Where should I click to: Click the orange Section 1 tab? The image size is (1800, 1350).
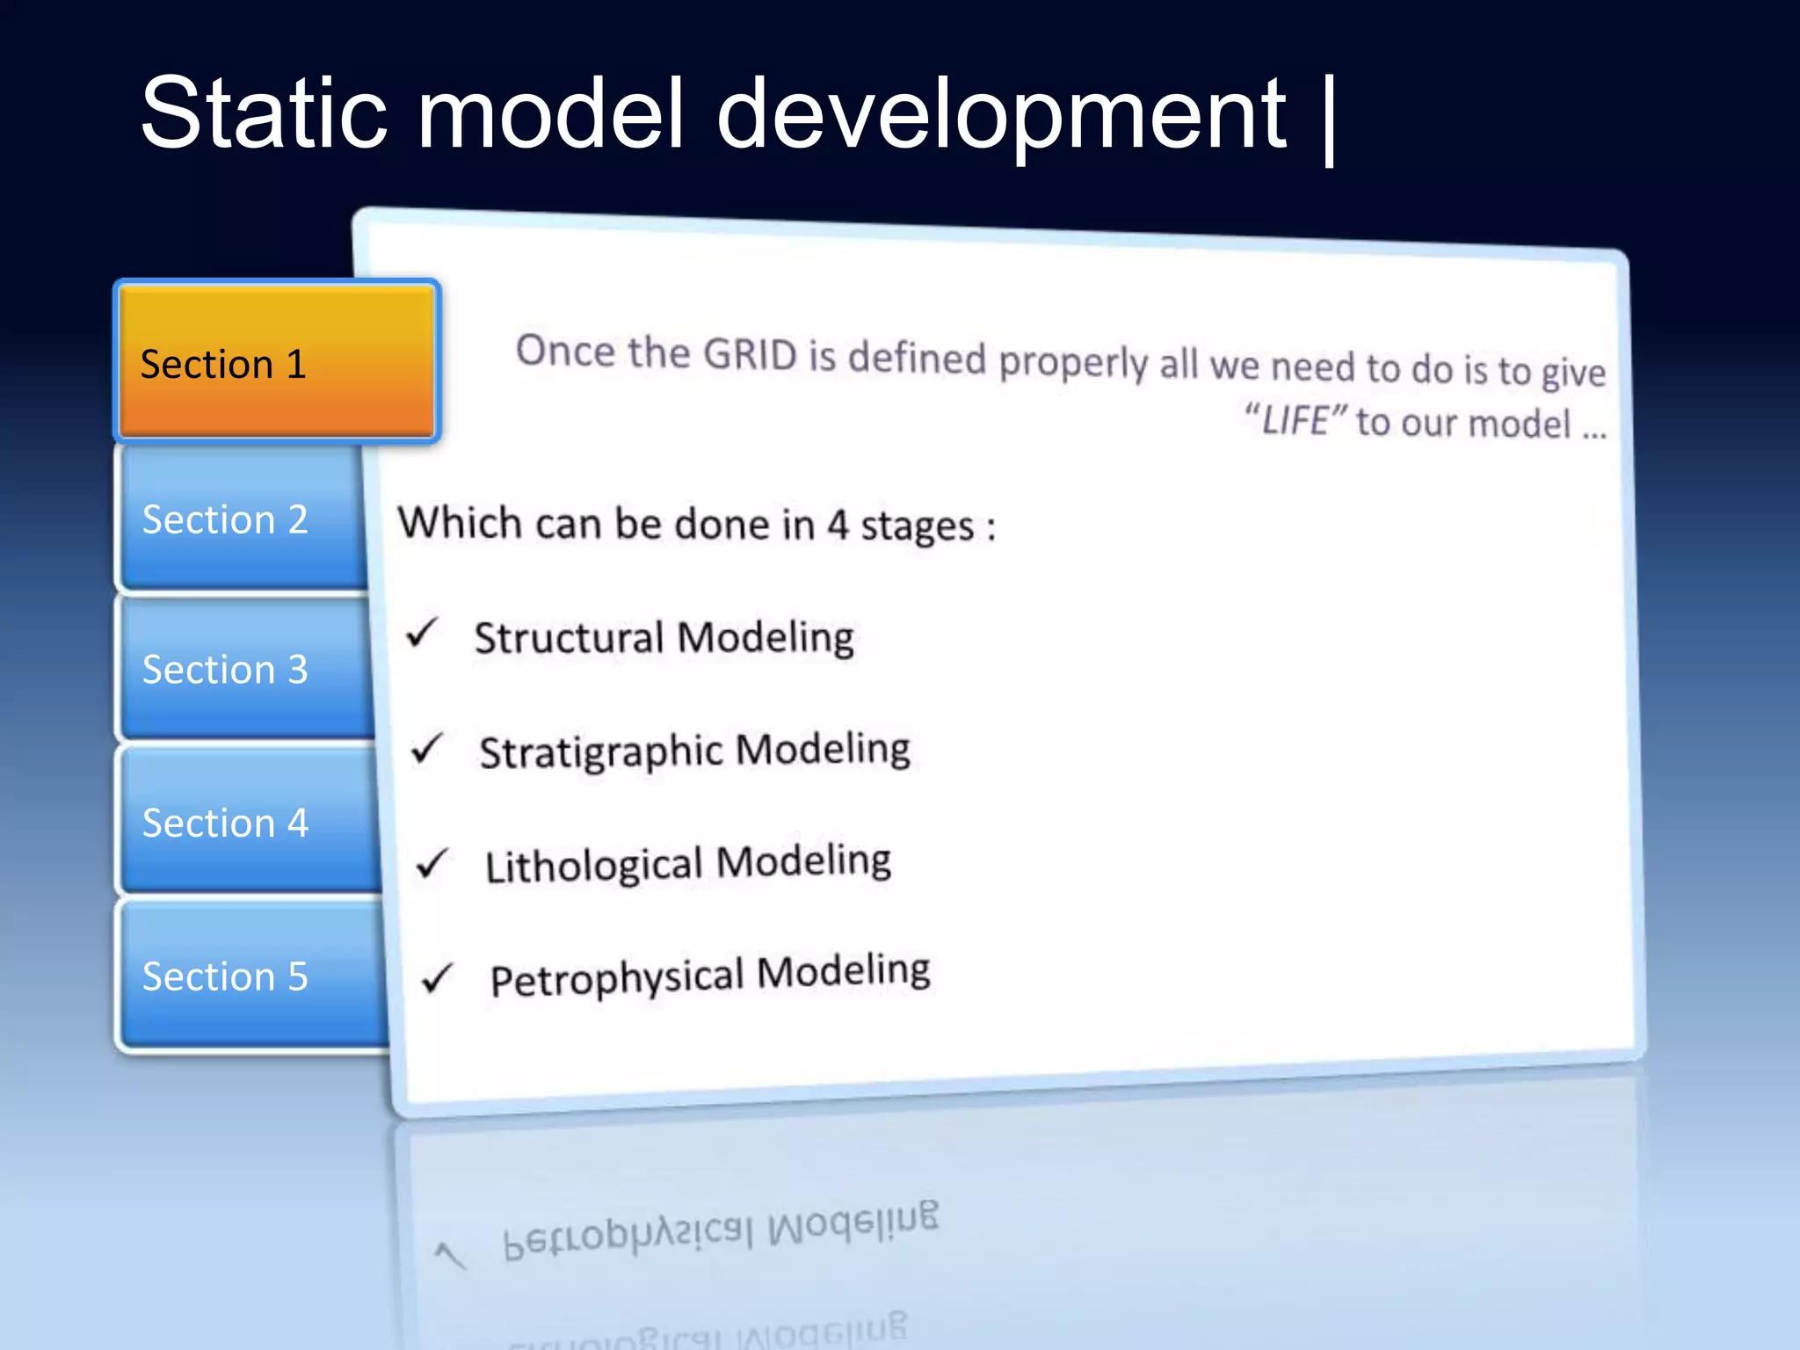[277, 362]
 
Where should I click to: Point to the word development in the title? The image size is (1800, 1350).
[1002, 119]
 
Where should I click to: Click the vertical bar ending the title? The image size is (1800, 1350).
[1328, 121]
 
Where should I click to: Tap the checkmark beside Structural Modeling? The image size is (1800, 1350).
[423, 632]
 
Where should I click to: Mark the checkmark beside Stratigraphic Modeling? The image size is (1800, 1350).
[428, 749]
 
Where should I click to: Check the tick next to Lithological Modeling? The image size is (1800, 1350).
[433, 864]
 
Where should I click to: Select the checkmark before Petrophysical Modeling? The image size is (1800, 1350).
[438, 977]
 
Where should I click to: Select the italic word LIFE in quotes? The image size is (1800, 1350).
[1295, 420]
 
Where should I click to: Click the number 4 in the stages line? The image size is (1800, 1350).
[838, 525]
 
